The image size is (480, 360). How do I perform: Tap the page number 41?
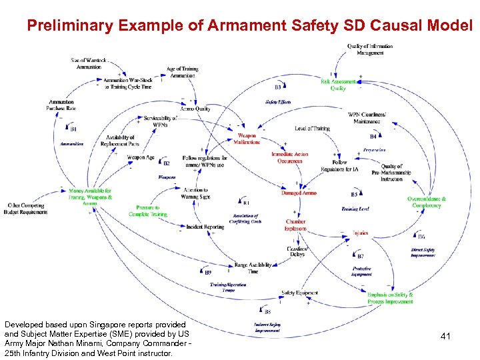(x=445, y=337)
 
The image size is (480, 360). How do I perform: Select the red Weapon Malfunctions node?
(x=247, y=139)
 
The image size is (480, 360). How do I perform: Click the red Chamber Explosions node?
(x=295, y=225)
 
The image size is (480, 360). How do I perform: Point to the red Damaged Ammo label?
(x=299, y=193)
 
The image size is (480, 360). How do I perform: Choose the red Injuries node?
(x=360, y=233)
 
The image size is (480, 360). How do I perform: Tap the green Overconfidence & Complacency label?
(x=427, y=202)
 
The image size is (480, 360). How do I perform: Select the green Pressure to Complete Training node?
(x=148, y=211)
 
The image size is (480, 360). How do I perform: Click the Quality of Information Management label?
(x=370, y=50)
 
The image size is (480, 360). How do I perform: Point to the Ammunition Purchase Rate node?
(x=61, y=105)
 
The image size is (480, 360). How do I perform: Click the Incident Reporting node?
(x=205, y=227)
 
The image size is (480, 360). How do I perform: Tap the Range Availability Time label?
(x=253, y=268)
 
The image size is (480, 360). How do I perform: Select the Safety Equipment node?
(x=299, y=293)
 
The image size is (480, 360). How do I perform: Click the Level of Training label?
(x=312, y=129)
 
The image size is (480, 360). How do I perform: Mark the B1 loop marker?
(x=73, y=128)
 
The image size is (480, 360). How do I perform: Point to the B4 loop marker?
(x=373, y=136)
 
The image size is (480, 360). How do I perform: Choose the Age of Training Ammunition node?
(x=182, y=73)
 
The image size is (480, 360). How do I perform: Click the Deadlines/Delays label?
(x=296, y=251)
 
